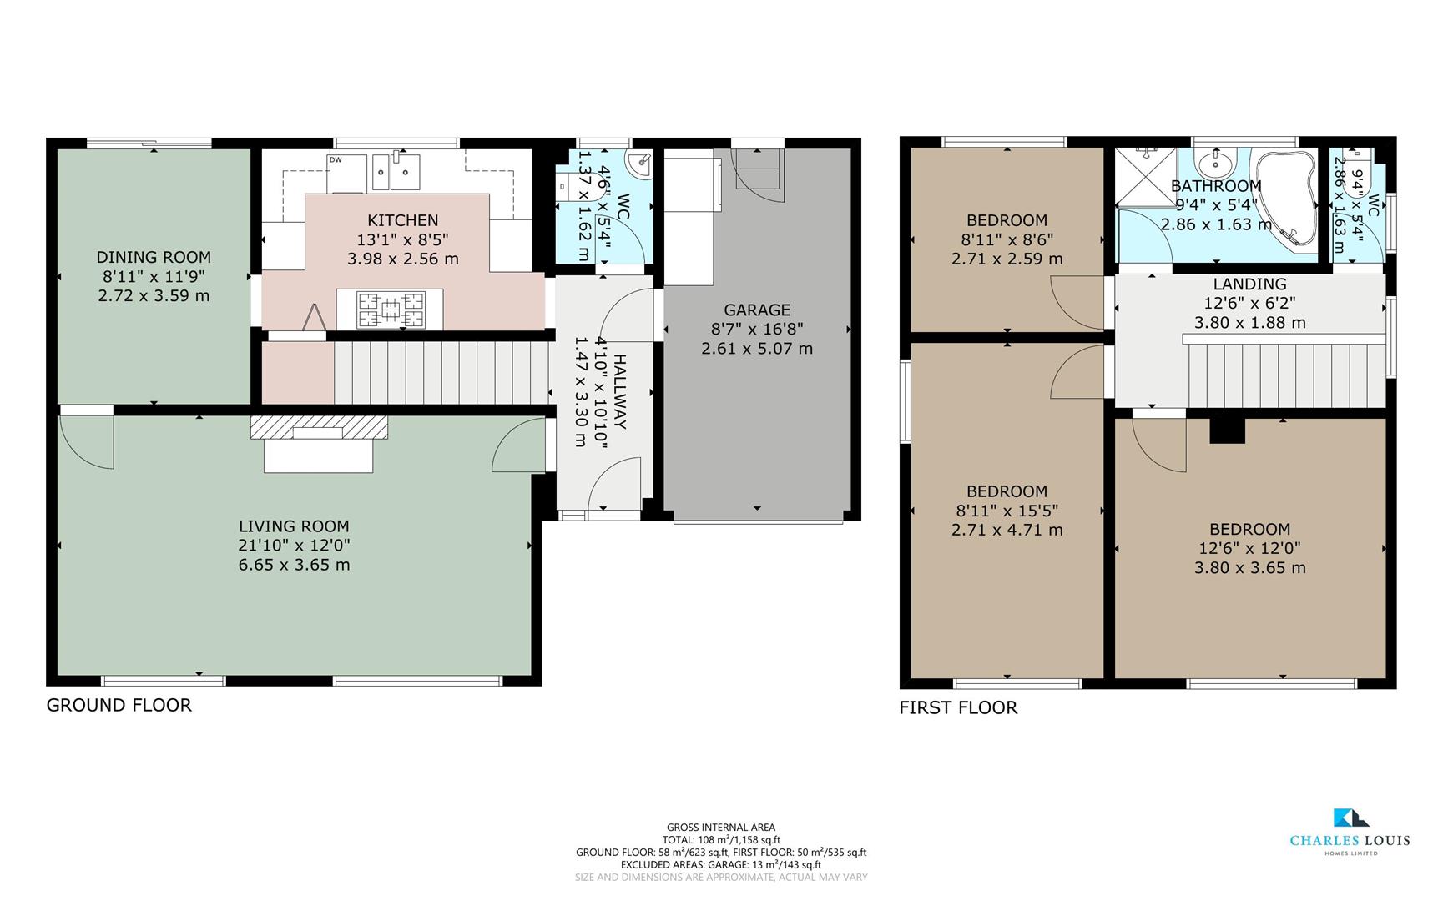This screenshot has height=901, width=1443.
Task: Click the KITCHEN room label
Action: (x=402, y=220)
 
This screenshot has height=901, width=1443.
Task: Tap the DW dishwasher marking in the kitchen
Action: (x=336, y=159)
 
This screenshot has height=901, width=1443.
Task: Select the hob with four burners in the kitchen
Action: (x=390, y=310)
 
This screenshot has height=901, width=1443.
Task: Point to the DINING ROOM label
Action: (x=154, y=257)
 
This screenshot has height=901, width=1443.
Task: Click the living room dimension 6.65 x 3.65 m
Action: (x=294, y=565)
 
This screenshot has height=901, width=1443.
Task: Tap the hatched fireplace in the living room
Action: (x=319, y=428)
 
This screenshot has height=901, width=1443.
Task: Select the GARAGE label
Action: (x=756, y=310)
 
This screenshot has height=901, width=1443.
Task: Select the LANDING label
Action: (x=1249, y=284)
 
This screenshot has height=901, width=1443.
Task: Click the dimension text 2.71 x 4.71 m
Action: (x=1007, y=530)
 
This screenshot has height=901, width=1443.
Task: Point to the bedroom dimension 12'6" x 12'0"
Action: (x=1249, y=548)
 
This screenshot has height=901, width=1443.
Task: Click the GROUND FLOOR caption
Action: (x=119, y=705)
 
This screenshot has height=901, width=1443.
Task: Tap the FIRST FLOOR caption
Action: (x=958, y=707)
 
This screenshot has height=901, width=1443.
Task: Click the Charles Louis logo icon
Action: (x=1350, y=818)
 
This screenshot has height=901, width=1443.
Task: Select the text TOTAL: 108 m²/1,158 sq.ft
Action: (x=721, y=840)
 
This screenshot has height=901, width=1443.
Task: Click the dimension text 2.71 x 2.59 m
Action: (x=1007, y=259)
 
